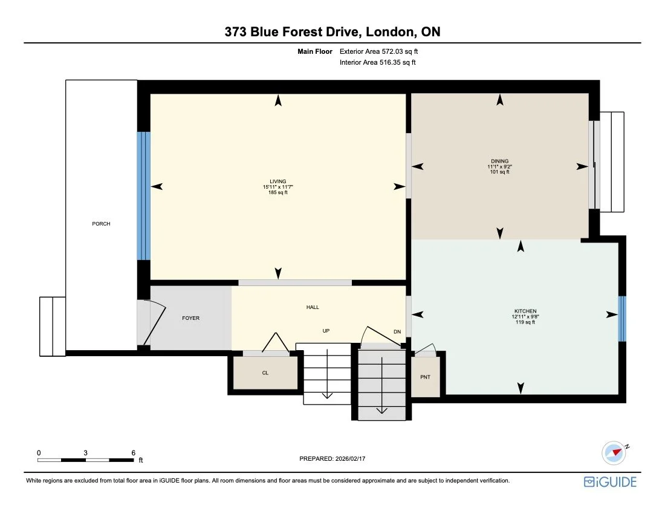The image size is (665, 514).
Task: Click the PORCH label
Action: (x=101, y=224)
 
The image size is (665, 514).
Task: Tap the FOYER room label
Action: (x=190, y=318)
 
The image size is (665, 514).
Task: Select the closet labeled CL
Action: (x=265, y=373)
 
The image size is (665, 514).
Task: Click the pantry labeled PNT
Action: (x=425, y=377)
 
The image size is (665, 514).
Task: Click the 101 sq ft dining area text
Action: (x=499, y=172)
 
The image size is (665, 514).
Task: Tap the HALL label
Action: (x=313, y=308)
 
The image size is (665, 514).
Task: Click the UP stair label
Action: (x=326, y=331)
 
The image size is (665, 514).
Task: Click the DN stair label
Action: (x=397, y=331)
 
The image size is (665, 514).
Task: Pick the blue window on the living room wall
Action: (x=143, y=196)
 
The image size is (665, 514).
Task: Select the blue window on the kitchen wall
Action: (x=621, y=319)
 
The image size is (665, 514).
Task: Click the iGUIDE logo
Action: (x=610, y=482)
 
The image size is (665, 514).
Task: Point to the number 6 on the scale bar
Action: (x=133, y=452)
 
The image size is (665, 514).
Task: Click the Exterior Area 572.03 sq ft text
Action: (x=379, y=52)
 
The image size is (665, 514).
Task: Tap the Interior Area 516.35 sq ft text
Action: (x=378, y=62)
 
